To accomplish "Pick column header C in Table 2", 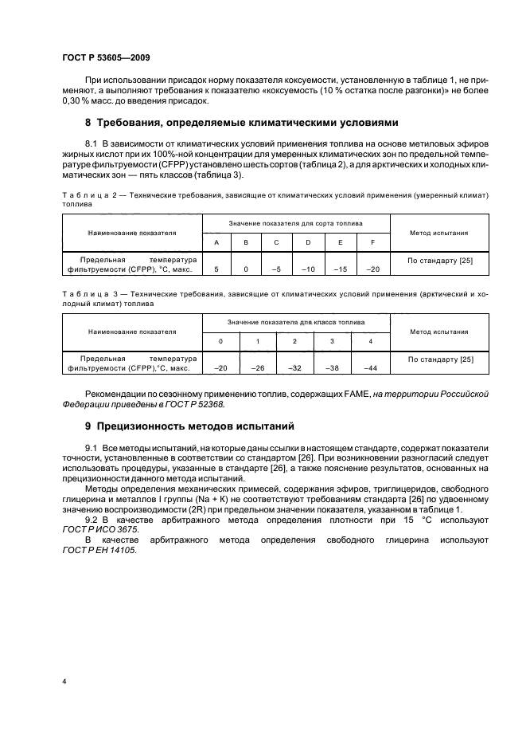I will [x=276, y=242].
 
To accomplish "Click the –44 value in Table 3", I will [x=370, y=369].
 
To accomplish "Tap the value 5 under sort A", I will [x=216, y=269].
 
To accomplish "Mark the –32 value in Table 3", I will [x=294, y=369].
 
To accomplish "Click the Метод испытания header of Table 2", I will [x=438, y=233].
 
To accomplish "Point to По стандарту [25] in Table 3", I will [x=439, y=359].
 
